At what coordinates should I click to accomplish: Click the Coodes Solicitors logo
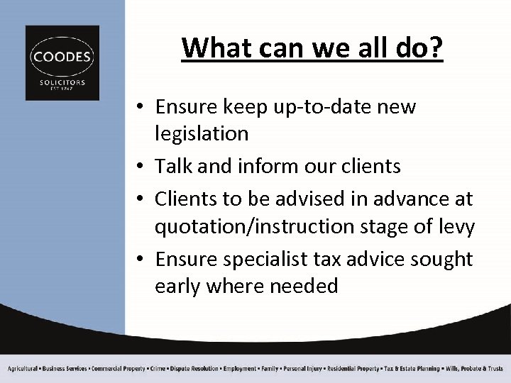pyautogui.click(x=62, y=62)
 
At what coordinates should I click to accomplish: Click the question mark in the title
pyautogui.click(x=434, y=48)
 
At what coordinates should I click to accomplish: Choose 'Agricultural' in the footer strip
pyautogui.click(x=23, y=369)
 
